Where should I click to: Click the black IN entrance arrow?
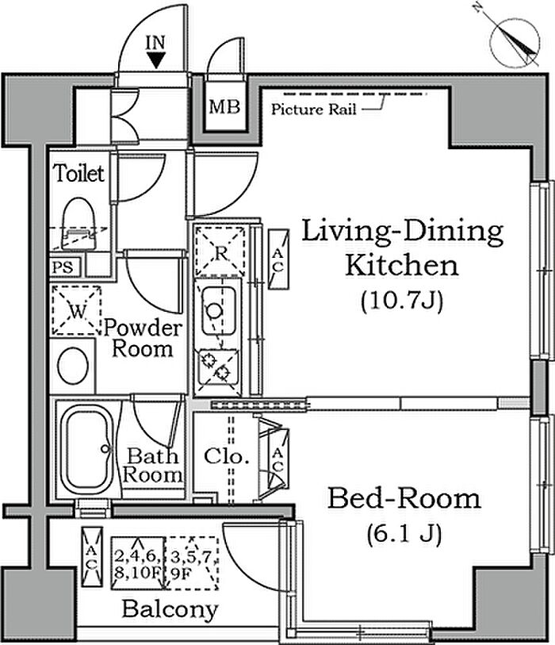click(156, 60)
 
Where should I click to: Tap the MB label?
click(224, 107)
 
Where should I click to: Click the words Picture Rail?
click(314, 109)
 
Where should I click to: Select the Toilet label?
click(79, 173)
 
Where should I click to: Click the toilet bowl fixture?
click(78, 224)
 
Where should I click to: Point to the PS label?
click(63, 267)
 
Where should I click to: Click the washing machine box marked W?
click(76, 310)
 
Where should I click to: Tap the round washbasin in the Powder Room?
click(73, 365)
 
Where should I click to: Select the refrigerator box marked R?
click(220, 251)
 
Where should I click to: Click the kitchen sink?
click(219, 310)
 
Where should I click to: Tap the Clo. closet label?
click(227, 456)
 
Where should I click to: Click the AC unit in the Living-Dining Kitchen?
click(278, 259)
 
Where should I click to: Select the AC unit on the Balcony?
click(92, 557)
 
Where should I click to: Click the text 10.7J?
click(402, 301)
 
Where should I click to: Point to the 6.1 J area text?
click(404, 534)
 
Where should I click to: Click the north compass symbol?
click(514, 43)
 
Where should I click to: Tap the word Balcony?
click(170, 609)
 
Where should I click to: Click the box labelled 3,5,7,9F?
click(191, 562)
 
